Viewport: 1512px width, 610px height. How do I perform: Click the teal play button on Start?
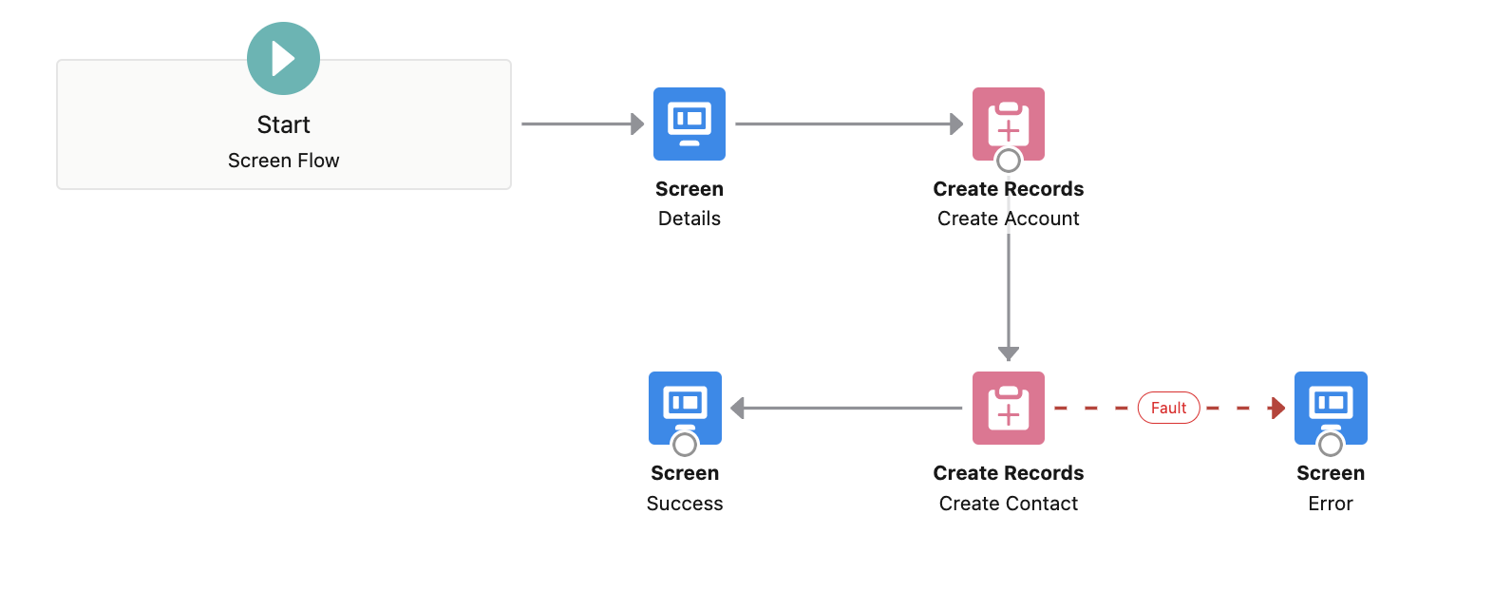(x=283, y=59)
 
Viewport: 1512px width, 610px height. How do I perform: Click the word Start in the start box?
(x=283, y=124)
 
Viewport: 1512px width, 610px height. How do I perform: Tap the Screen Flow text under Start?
(x=283, y=161)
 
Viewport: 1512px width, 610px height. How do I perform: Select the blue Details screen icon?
(x=690, y=124)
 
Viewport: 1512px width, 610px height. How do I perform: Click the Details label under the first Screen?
(x=690, y=219)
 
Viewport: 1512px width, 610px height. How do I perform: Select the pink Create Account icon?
(x=1009, y=122)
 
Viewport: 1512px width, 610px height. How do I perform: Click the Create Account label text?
(x=1009, y=219)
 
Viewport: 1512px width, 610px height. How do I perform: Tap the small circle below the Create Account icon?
(x=1009, y=161)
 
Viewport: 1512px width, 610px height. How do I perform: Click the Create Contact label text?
(x=1009, y=504)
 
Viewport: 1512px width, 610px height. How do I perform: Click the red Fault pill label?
(x=1168, y=408)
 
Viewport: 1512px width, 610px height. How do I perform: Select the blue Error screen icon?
(x=1331, y=406)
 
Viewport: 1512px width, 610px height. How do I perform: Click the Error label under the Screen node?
(x=1331, y=504)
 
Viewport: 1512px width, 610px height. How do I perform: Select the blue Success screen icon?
(x=685, y=406)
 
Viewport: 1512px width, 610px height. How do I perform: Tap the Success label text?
(x=685, y=504)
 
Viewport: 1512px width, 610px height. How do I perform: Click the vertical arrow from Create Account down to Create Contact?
(x=1009, y=295)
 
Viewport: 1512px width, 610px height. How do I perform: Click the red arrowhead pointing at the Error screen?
(x=1277, y=409)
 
